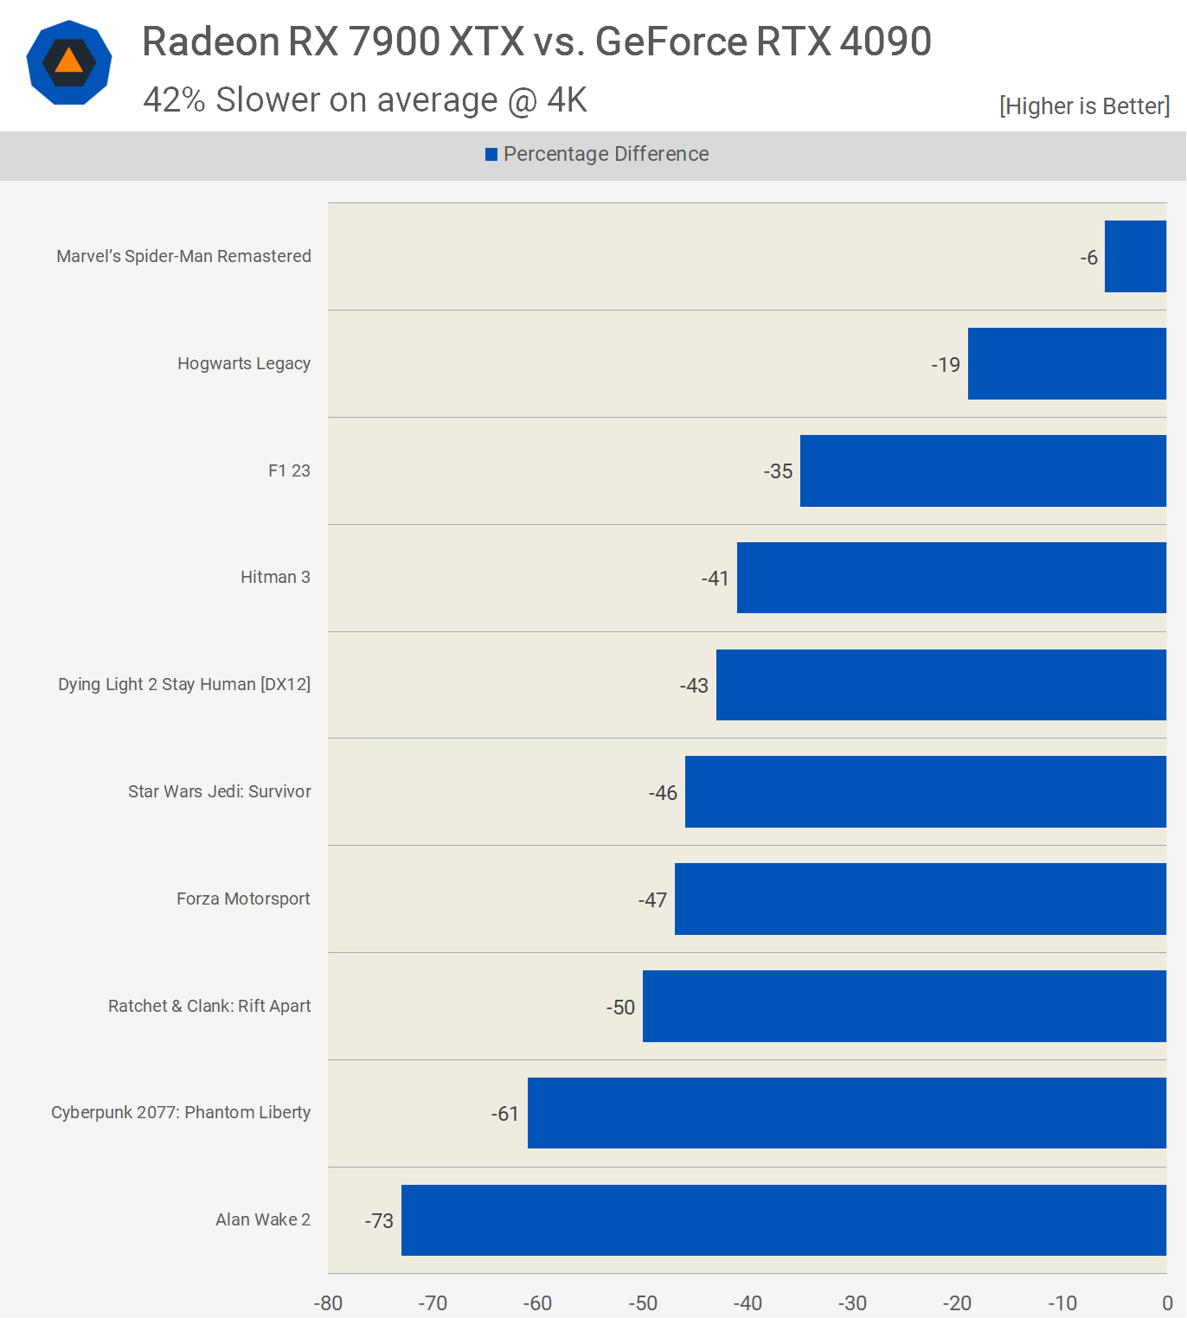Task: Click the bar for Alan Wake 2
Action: tap(783, 1219)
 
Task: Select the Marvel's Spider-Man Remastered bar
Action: tap(1135, 256)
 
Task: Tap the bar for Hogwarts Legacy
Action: tap(1067, 363)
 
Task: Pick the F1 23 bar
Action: tap(983, 470)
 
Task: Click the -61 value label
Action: tap(505, 1114)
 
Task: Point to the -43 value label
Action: tap(694, 686)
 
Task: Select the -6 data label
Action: tap(1089, 258)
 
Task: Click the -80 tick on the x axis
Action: tap(328, 1303)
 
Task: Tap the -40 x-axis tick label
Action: tap(747, 1303)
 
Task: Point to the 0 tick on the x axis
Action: tap(1167, 1303)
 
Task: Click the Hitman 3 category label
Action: tap(275, 577)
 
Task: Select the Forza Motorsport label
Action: tap(243, 899)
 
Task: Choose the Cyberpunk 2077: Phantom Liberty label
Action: tap(181, 1112)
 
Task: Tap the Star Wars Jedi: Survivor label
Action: tap(220, 791)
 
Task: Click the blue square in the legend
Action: tap(491, 154)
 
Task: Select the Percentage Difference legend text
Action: tap(606, 154)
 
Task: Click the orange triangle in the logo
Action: tap(69, 61)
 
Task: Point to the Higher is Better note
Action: tap(1084, 106)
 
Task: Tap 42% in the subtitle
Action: tap(174, 100)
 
